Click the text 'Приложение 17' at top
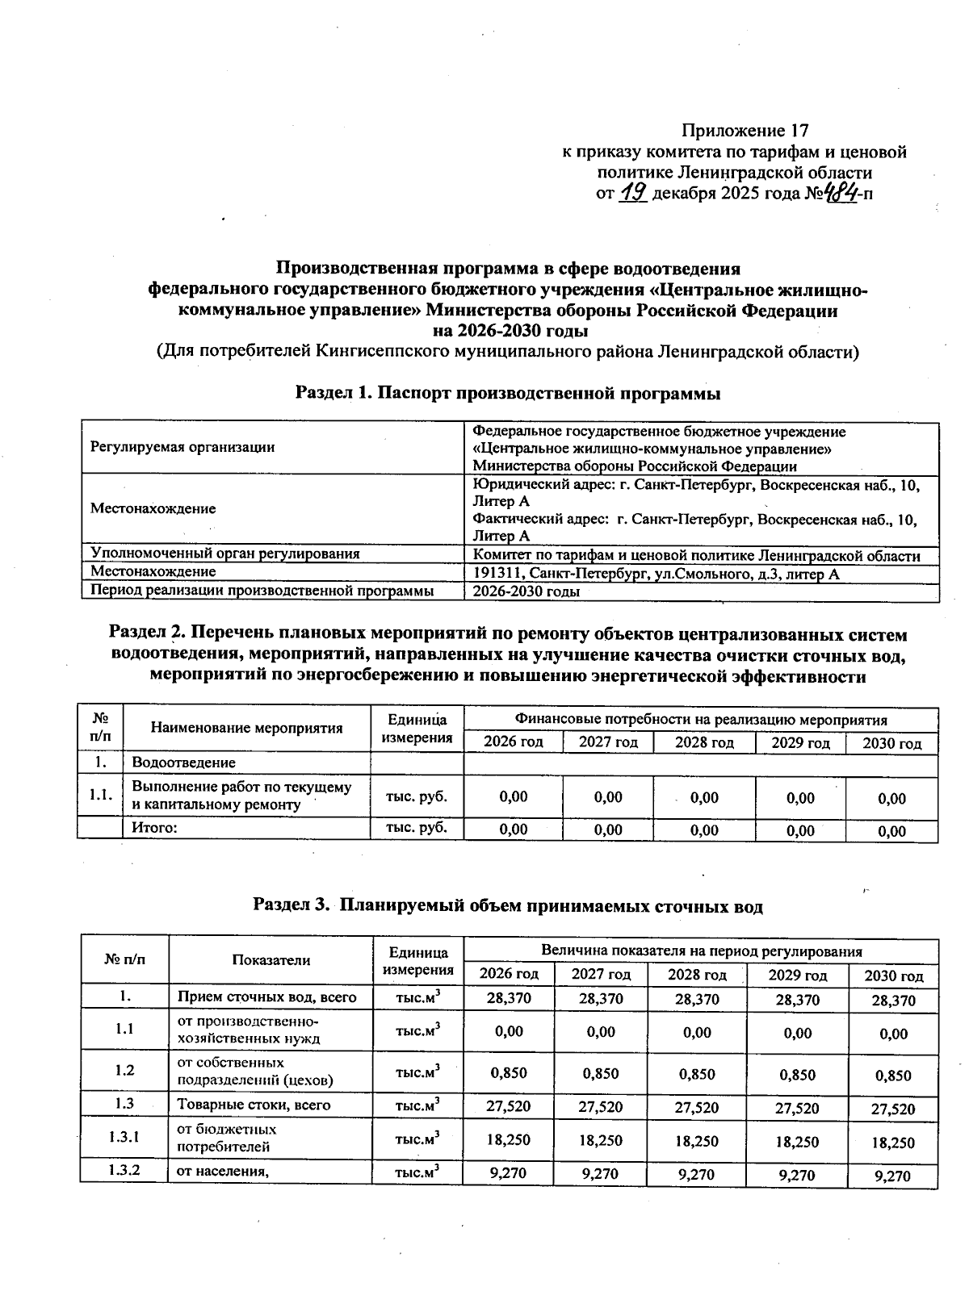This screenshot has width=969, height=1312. pos(745,131)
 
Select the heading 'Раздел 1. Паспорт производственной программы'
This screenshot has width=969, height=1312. pos(507,393)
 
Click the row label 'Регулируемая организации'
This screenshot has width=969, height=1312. pos(182,447)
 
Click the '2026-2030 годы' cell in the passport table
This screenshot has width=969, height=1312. pos(526,591)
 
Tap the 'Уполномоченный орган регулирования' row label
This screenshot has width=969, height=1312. pos(225,554)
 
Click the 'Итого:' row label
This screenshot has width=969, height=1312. pos(154,827)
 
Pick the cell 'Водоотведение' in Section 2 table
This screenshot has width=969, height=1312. pos(184,763)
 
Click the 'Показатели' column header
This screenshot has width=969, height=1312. pos(271,959)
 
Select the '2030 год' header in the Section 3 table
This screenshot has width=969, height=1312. pos(893,976)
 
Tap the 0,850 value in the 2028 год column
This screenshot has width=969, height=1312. pos(696,1073)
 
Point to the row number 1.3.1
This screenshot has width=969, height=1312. pos(124,1137)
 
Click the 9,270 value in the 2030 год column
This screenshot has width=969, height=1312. pos(893,1176)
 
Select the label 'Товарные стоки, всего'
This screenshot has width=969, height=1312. pos(254,1105)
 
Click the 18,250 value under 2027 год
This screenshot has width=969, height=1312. pos(601,1141)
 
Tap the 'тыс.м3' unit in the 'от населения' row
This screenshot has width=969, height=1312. pos(417,1172)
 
